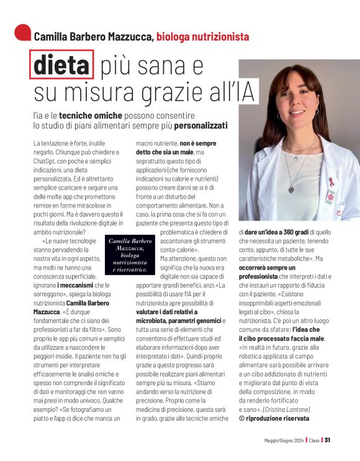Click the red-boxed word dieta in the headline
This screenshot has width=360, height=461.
pyautogui.click(x=61, y=65)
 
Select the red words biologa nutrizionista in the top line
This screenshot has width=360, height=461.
pyautogui.click(x=203, y=37)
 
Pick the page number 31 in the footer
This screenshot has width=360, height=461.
pyautogui.click(x=327, y=440)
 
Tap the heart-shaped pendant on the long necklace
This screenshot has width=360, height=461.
pyautogui.click(x=291, y=189)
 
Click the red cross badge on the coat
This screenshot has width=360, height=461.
pyautogui.click(x=329, y=196)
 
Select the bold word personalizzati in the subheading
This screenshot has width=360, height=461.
pyautogui.click(x=200, y=126)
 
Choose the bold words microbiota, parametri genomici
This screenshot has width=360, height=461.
pyautogui.click(x=175, y=319)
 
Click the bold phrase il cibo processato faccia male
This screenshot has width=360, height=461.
pyautogui.click(x=281, y=338)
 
